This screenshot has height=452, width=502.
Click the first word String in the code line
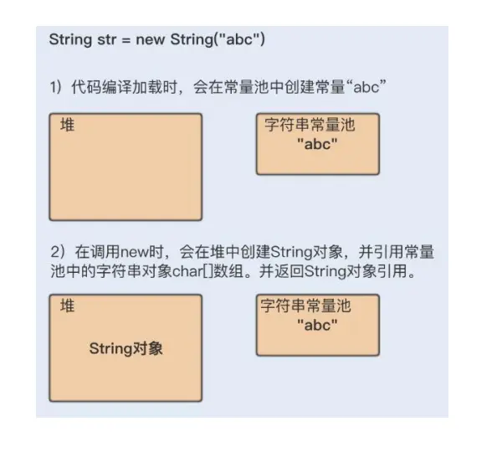[69, 39]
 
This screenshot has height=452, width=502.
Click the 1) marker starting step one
[56, 86]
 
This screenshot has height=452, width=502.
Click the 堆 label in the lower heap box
[67, 307]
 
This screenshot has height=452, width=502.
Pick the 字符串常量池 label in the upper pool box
[310, 126]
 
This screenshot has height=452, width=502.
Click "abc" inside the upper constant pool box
[316, 145]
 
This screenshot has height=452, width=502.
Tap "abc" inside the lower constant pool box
[316, 326]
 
